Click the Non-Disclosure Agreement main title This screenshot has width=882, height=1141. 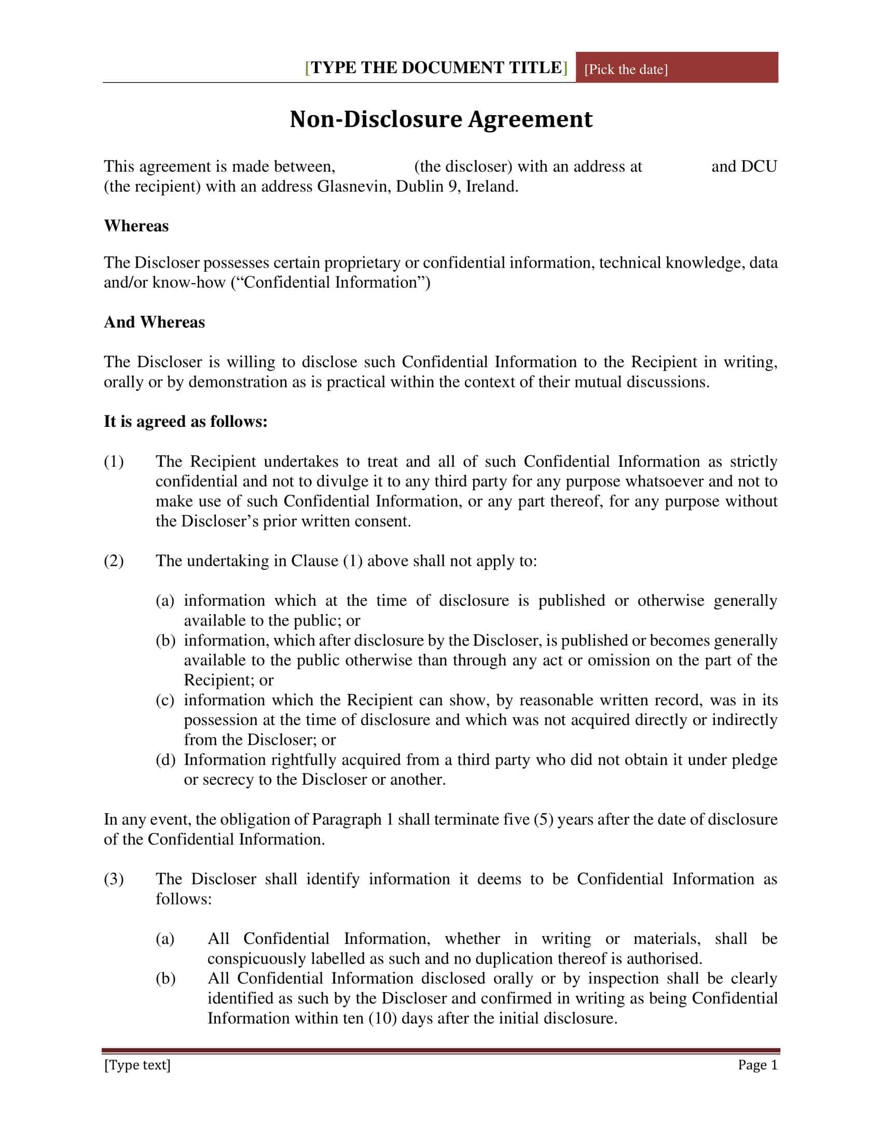click(441, 119)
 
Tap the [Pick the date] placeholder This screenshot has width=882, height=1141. click(626, 69)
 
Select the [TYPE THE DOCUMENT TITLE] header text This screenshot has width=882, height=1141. click(436, 68)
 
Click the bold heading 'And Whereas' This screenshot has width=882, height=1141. click(154, 322)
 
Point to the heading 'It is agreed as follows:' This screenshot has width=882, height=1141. click(186, 421)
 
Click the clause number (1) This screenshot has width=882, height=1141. click(114, 461)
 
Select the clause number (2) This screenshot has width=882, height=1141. click(114, 561)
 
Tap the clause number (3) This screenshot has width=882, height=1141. click(114, 879)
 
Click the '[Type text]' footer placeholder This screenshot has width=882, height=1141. click(137, 1065)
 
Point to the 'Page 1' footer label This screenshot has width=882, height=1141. click(757, 1065)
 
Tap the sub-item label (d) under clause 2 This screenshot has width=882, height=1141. click(165, 760)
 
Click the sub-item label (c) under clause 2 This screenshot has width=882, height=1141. click(165, 700)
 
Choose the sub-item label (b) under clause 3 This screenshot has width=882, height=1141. click(165, 979)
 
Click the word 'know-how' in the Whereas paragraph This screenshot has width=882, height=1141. click(189, 283)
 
